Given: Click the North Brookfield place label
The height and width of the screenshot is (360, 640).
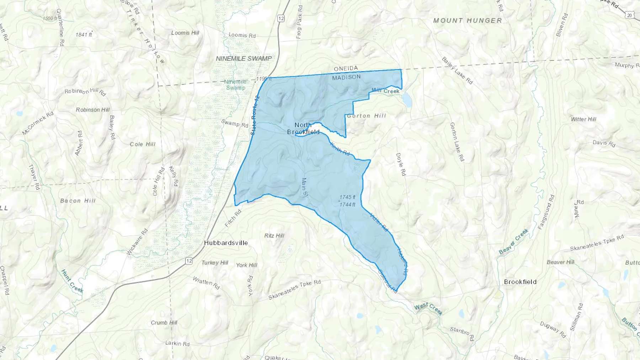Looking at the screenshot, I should (303, 128).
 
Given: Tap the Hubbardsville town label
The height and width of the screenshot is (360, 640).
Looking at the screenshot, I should (226, 243).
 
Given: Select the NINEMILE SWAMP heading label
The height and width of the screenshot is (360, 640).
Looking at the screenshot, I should (244, 58).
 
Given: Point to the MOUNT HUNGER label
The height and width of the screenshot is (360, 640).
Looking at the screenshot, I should (468, 21).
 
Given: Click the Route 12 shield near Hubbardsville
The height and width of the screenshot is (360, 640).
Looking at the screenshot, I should (189, 261).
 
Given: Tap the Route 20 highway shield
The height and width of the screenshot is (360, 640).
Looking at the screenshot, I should (630, 15).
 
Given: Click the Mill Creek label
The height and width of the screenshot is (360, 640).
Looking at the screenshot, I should (385, 91).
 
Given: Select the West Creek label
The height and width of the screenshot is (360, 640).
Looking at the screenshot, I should (428, 309).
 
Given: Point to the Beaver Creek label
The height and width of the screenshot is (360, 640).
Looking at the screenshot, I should (513, 242).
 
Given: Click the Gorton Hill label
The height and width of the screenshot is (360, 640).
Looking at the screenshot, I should (366, 115).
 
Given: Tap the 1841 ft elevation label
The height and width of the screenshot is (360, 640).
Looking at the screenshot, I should (84, 34).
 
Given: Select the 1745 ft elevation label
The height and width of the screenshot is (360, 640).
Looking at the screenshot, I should (347, 197).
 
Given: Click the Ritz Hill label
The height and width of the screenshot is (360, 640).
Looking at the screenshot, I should (274, 235).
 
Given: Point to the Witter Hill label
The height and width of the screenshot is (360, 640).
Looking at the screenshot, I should (583, 119).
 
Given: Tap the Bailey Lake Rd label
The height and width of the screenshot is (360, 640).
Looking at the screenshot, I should (457, 70).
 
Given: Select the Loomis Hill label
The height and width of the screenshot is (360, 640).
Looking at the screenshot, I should (185, 33).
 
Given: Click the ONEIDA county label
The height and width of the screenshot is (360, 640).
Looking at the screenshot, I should (346, 68).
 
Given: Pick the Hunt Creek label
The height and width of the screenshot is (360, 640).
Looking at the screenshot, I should (72, 281).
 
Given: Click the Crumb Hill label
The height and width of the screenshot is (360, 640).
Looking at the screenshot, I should (164, 323).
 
